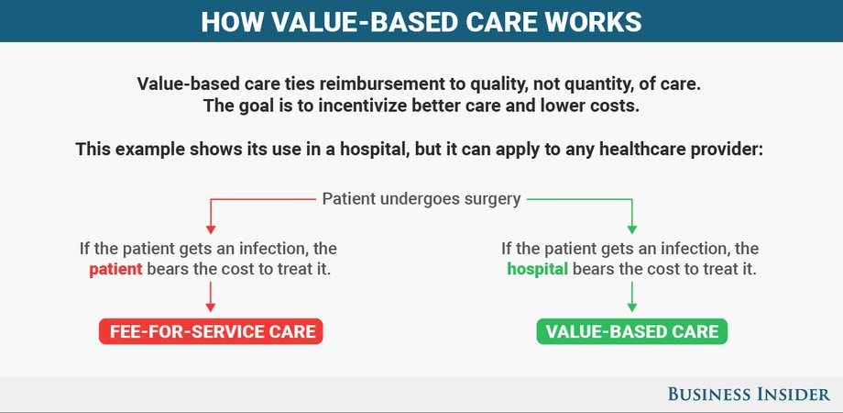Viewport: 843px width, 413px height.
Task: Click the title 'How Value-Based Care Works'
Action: coord(421,22)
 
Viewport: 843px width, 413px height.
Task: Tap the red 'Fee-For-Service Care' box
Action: coord(211,331)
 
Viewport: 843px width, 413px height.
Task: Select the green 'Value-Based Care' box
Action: coord(631,331)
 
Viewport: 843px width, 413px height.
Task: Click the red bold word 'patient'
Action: coord(115,269)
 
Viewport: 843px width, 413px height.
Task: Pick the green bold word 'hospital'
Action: coord(538,269)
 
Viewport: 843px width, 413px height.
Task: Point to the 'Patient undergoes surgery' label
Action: coord(421,199)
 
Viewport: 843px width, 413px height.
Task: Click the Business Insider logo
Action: coord(749,394)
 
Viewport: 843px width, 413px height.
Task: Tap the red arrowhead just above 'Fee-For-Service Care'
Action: coord(211,307)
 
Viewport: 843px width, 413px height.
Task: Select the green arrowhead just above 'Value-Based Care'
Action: coord(632,307)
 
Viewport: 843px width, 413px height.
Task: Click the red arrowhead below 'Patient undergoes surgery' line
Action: coord(211,229)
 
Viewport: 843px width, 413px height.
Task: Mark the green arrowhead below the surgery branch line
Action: coord(632,229)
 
